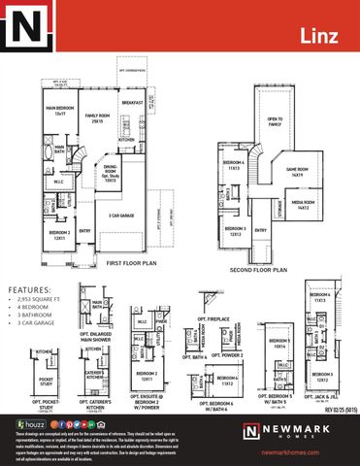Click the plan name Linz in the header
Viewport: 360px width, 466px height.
(327, 36)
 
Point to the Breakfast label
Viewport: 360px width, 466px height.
(132, 102)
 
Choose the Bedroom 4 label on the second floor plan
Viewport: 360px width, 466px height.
(233, 166)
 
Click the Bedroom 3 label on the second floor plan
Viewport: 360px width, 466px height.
(236, 232)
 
